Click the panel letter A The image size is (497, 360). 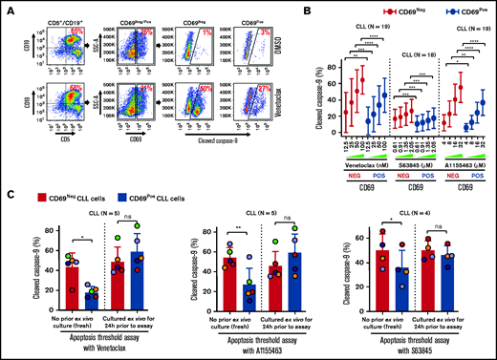click(x=7, y=7)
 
